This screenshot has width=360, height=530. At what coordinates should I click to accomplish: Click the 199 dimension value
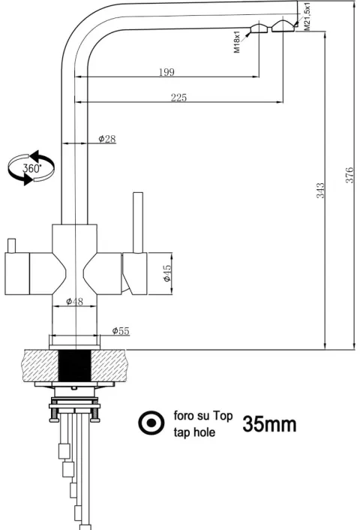(x=166, y=72)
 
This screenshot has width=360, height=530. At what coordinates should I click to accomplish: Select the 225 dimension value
(x=178, y=98)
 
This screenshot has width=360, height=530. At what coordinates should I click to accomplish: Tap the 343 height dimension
(x=320, y=190)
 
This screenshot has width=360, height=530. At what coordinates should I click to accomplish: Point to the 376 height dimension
(x=349, y=175)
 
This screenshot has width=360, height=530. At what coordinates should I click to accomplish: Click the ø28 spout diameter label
(x=107, y=139)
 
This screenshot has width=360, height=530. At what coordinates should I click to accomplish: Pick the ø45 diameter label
(x=167, y=273)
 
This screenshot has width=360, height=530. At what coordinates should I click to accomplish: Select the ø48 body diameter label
(x=74, y=301)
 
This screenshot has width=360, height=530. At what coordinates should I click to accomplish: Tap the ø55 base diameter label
(x=121, y=330)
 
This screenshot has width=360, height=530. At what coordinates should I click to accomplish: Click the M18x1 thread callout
(x=237, y=41)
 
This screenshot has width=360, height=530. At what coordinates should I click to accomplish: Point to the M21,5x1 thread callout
(x=307, y=17)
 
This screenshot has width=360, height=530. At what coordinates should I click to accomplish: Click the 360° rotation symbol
(x=31, y=168)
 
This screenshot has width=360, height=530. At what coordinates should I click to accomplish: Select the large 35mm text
(x=269, y=424)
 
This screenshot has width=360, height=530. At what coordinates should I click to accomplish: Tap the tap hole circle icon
(x=151, y=423)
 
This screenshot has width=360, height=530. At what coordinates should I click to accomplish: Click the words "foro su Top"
(x=203, y=415)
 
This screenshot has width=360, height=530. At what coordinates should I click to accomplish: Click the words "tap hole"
(x=194, y=432)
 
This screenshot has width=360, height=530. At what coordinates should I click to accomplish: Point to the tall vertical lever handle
(x=138, y=223)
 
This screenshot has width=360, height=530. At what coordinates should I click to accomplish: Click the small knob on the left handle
(x=11, y=245)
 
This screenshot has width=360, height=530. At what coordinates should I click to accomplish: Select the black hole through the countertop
(x=75, y=366)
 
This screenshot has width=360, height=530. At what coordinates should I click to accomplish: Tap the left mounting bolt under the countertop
(x=54, y=414)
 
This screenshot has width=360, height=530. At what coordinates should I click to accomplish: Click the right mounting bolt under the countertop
(x=95, y=414)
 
